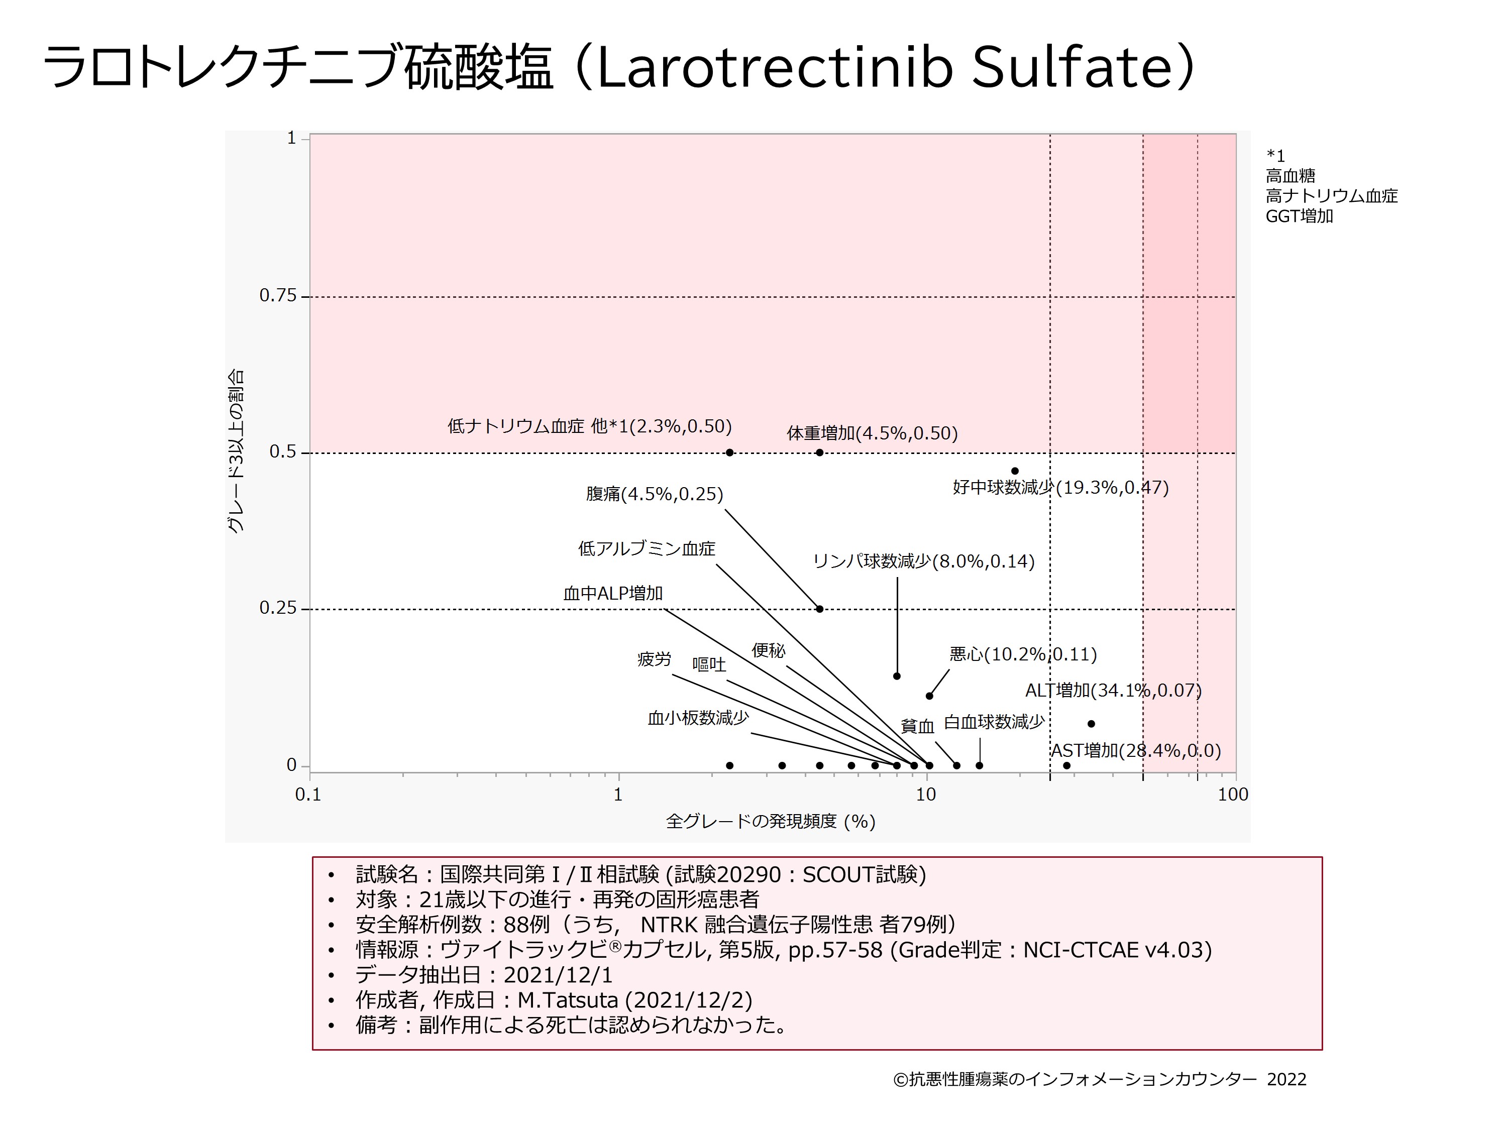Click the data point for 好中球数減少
(1014, 471)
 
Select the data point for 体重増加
(820, 453)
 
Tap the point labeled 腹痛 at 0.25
(820, 609)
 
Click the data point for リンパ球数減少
(897, 675)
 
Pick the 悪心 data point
(929, 696)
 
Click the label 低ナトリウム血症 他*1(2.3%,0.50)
(589, 426)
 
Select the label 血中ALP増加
(612, 593)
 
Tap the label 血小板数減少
(698, 718)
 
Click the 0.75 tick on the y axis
(279, 296)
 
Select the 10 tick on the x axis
(926, 794)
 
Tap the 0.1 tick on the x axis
(308, 794)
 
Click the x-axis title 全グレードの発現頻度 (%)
(771, 822)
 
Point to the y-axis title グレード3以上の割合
(235, 451)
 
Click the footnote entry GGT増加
(1299, 216)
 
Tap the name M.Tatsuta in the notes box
(568, 1000)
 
